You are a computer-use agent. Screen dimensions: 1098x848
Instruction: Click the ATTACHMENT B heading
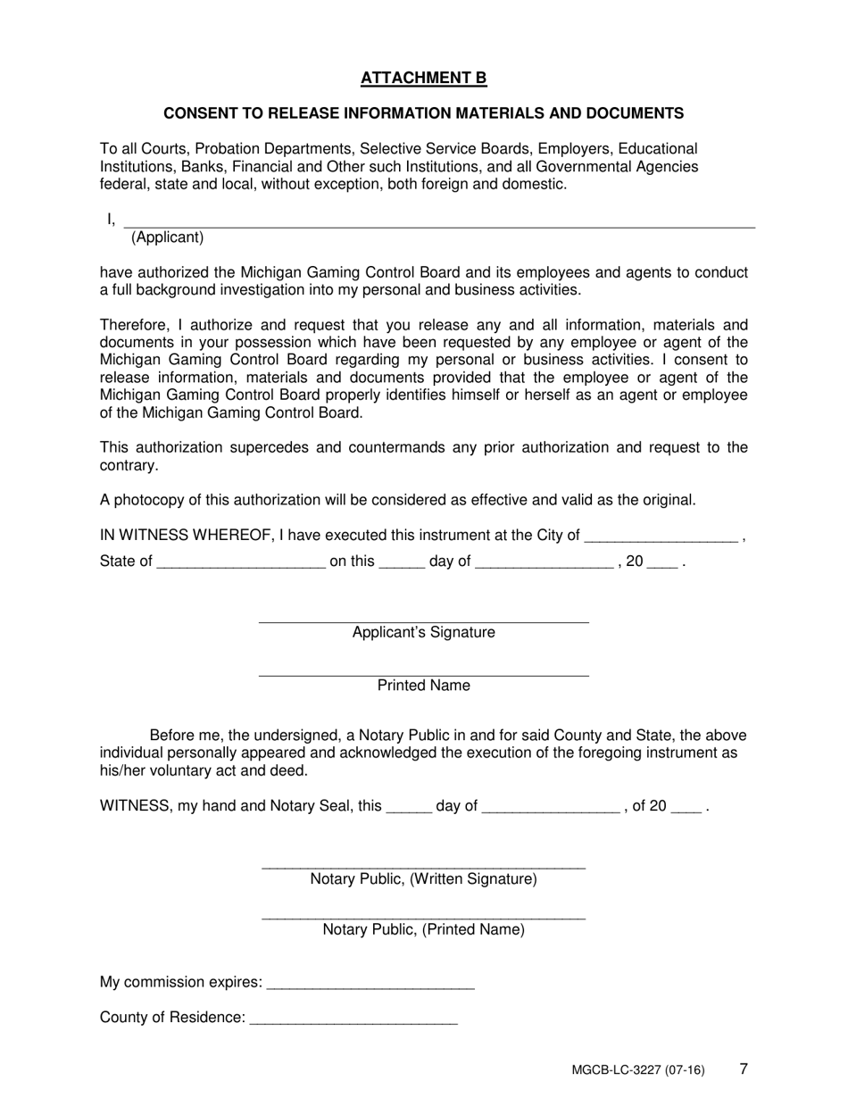(423, 79)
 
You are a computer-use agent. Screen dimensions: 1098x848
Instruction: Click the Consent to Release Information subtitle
(423, 113)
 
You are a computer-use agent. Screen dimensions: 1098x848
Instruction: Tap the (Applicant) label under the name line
(167, 237)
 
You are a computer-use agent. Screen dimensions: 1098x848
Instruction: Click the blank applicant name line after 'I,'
(437, 223)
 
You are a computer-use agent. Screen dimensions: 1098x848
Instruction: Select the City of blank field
(661, 537)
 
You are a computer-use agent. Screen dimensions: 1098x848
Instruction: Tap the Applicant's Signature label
(423, 633)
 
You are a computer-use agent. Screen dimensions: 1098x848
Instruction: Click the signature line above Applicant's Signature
(423, 620)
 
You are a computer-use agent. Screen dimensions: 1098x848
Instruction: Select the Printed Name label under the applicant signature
(423, 686)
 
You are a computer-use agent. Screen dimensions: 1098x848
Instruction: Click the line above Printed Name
(423, 674)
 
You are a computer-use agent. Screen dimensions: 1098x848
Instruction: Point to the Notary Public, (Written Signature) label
(423, 879)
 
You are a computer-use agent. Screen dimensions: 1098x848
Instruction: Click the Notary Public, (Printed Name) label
(423, 929)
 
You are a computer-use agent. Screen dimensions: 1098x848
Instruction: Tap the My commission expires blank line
(370, 984)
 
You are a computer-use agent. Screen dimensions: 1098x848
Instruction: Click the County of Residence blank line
(354, 1019)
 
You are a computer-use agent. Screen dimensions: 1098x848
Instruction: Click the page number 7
(744, 1068)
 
